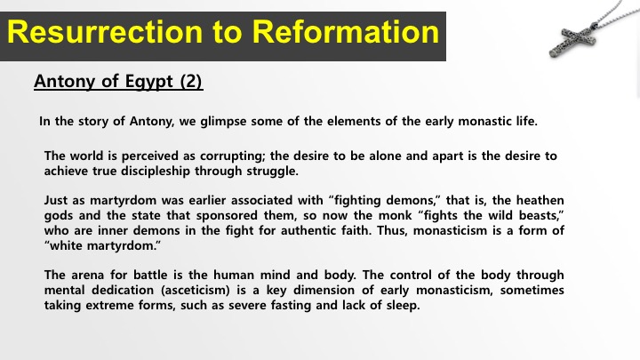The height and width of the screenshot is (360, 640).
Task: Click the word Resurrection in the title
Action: click(105, 32)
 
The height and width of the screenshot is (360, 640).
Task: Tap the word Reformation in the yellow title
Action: click(345, 32)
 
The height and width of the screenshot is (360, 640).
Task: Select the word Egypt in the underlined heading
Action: click(149, 81)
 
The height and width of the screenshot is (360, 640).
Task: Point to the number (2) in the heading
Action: click(191, 81)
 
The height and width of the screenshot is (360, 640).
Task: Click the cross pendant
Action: click(572, 40)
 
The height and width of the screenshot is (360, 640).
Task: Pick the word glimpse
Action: click(223, 122)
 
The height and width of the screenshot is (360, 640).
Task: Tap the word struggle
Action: click(272, 172)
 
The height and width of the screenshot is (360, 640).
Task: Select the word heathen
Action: click(540, 200)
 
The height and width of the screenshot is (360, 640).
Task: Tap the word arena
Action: click(87, 275)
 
